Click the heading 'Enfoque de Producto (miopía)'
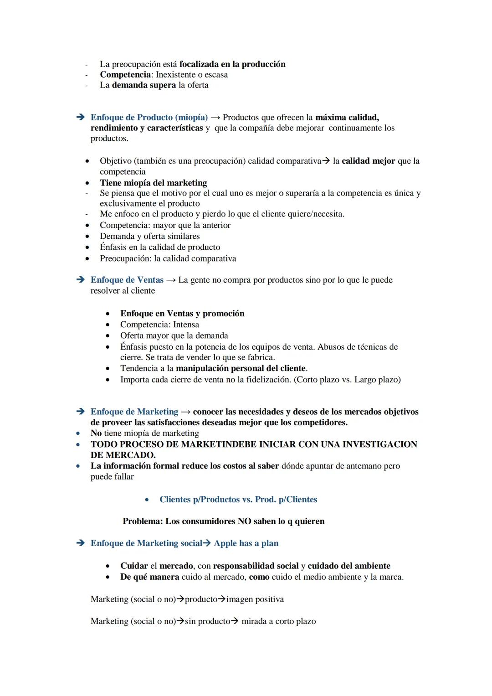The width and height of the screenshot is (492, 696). pyautogui.click(x=149, y=118)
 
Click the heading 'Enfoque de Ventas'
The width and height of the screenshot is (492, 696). pyautogui.click(x=127, y=280)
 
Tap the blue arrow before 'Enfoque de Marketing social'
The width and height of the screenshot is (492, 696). pyautogui.click(x=81, y=543)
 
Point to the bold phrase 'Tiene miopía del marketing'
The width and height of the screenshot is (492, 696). pyautogui.click(x=154, y=183)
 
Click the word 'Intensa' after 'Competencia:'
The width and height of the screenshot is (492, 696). pyautogui.click(x=186, y=325)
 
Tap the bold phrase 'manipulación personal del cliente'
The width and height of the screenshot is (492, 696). pyautogui.click(x=241, y=368)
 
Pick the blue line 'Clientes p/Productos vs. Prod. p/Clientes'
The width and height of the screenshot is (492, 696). pyautogui.click(x=238, y=500)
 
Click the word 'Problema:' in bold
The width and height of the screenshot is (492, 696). pyautogui.click(x=143, y=521)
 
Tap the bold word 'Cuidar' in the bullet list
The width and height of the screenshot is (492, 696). pyautogui.click(x=134, y=566)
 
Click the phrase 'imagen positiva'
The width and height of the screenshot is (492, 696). pyautogui.click(x=255, y=599)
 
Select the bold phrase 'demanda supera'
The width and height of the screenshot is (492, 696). pyautogui.click(x=144, y=85)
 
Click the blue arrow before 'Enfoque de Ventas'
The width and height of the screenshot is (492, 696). pyautogui.click(x=81, y=280)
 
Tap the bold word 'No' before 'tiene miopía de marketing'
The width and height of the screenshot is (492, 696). pyautogui.click(x=96, y=433)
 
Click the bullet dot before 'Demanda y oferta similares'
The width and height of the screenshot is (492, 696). pyautogui.click(x=87, y=237)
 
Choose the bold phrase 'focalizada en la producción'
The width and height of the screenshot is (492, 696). pyautogui.click(x=232, y=64)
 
